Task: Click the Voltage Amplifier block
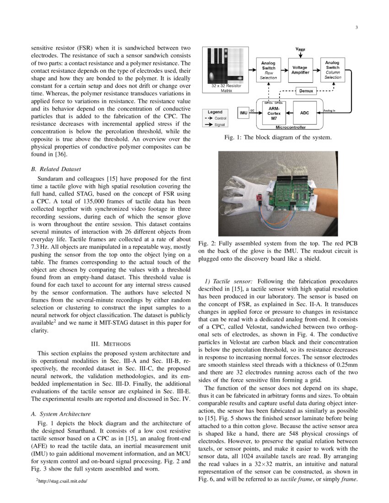tap(300, 70)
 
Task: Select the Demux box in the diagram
tap(306, 91)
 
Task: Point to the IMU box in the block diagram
tap(243, 112)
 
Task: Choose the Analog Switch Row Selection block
tap(268, 70)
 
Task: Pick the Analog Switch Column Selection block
tap(333, 70)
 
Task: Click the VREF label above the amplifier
tap(300, 49)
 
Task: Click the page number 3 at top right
tap(356, 28)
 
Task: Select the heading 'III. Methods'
tap(111, 343)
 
